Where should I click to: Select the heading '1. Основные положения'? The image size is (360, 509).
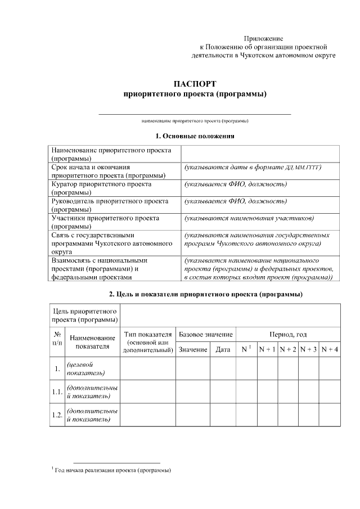[x=194, y=136]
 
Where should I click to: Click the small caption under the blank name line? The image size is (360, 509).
[x=195, y=121]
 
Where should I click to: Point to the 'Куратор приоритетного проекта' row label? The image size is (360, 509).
[x=102, y=188]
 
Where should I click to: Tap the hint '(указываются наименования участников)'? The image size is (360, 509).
[x=249, y=218]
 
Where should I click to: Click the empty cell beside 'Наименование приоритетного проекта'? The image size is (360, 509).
[x=260, y=155]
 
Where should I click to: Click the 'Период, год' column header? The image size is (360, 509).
[x=288, y=335]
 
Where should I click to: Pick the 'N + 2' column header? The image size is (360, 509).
[x=288, y=350]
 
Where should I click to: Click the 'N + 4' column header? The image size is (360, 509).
[x=330, y=350]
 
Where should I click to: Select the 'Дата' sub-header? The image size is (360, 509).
[x=223, y=350]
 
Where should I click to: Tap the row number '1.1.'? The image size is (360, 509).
[x=57, y=393]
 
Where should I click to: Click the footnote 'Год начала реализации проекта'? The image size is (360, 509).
[x=112, y=470]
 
